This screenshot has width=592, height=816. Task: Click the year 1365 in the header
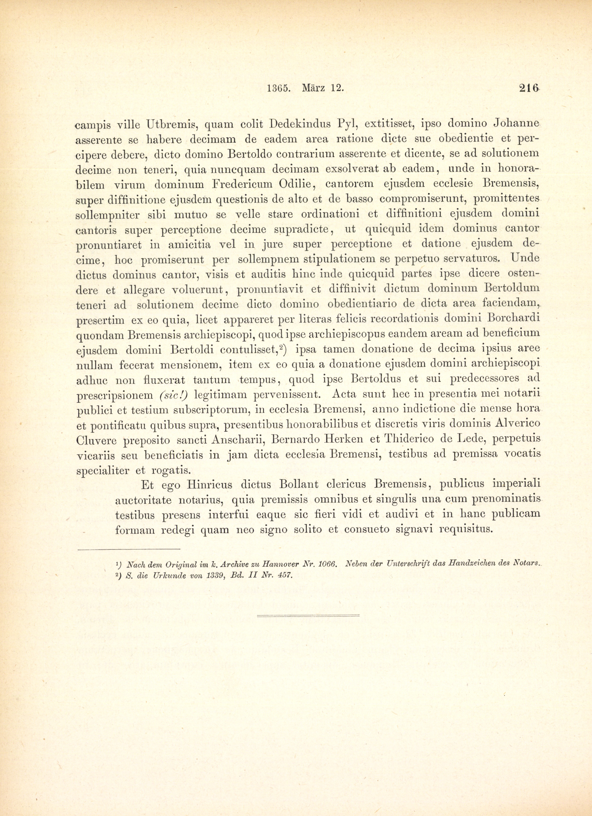click(x=279, y=88)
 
